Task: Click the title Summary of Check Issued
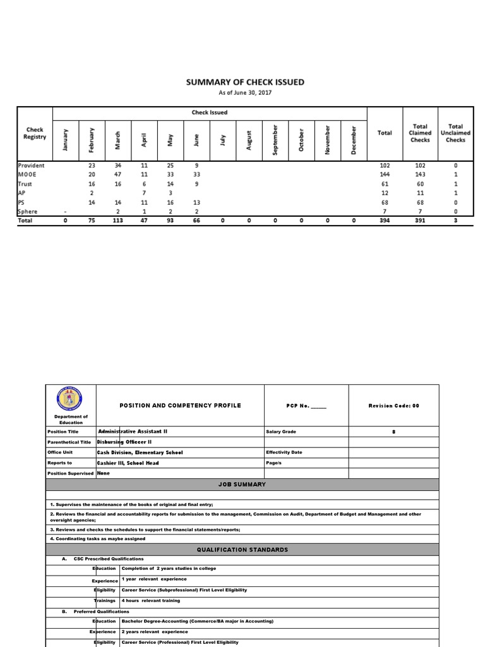(x=244, y=82)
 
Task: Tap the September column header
(x=275, y=139)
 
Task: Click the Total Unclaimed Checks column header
(x=455, y=133)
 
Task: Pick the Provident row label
(x=31, y=165)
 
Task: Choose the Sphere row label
(x=28, y=212)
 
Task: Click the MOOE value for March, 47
(x=117, y=174)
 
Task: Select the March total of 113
(x=117, y=221)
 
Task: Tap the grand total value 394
(x=385, y=221)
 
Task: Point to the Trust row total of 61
(x=385, y=184)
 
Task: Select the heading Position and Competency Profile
(x=180, y=406)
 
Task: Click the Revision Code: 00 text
(x=393, y=406)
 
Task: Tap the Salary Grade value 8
(x=393, y=431)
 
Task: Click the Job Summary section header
(x=242, y=485)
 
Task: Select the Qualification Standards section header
(x=242, y=550)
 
